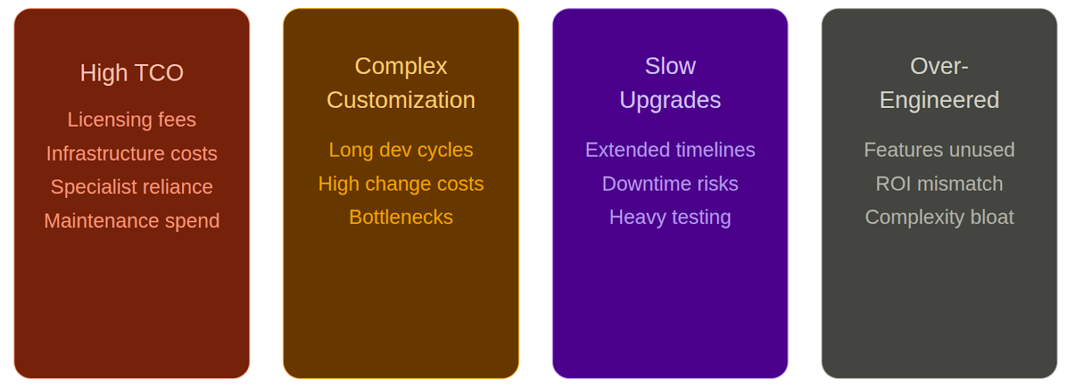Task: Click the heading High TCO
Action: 131,73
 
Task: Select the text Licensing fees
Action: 131,119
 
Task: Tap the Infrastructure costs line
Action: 131,153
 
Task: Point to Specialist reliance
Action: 131,187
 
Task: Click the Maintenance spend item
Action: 131,221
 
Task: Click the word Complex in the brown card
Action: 401,66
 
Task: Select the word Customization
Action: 401,100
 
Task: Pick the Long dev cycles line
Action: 401,150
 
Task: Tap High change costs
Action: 401,183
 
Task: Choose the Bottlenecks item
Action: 401,217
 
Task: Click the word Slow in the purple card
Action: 670,66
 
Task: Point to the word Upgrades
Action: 670,100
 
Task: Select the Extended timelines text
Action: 670,150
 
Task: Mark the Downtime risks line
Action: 670,183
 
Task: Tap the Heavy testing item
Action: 670,217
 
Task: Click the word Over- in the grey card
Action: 939,66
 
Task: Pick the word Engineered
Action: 939,100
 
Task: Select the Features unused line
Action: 939,150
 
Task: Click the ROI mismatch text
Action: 939,183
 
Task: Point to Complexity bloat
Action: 939,217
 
